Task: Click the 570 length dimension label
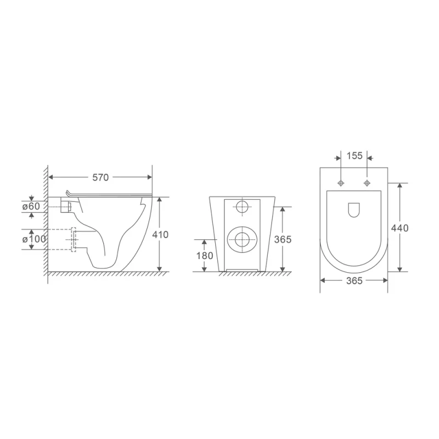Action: (x=100, y=177)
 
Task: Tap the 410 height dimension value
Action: (x=161, y=234)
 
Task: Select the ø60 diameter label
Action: (x=31, y=206)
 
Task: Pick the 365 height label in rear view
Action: (x=283, y=239)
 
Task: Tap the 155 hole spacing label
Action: (x=354, y=156)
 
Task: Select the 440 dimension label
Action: (x=401, y=228)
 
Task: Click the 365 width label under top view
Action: (x=354, y=280)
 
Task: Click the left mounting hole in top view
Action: (x=341, y=182)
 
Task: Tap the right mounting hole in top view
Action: (x=367, y=182)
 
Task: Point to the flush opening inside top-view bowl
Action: (x=354, y=210)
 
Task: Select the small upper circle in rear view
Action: (x=242, y=207)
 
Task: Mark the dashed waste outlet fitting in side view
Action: (x=73, y=239)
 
